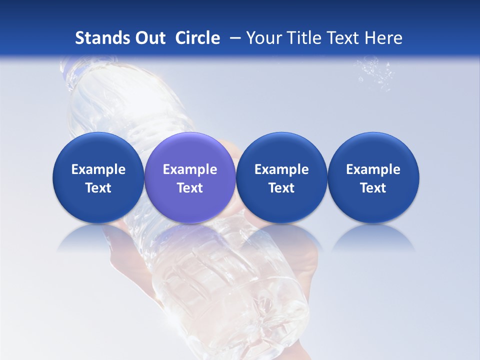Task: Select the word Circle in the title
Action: pyautogui.click(x=197, y=38)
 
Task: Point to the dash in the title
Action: pyautogui.click(x=233, y=38)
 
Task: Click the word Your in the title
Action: pyautogui.click(x=261, y=38)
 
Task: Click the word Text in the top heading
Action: pyautogui.click(x=340, y=38)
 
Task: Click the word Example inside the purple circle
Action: pyautogui.click(x=190, y=169)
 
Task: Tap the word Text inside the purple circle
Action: pyautogui.click(x=190, y=188)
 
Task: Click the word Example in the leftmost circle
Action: pyautogui.click(x=98, y=169)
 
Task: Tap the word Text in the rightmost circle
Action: pyautogui.click(x=373, y=188)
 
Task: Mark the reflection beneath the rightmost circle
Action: pyautogui.click(x=373, y=239)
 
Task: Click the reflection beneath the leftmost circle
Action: pyautogui.click(x=98, y=239)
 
